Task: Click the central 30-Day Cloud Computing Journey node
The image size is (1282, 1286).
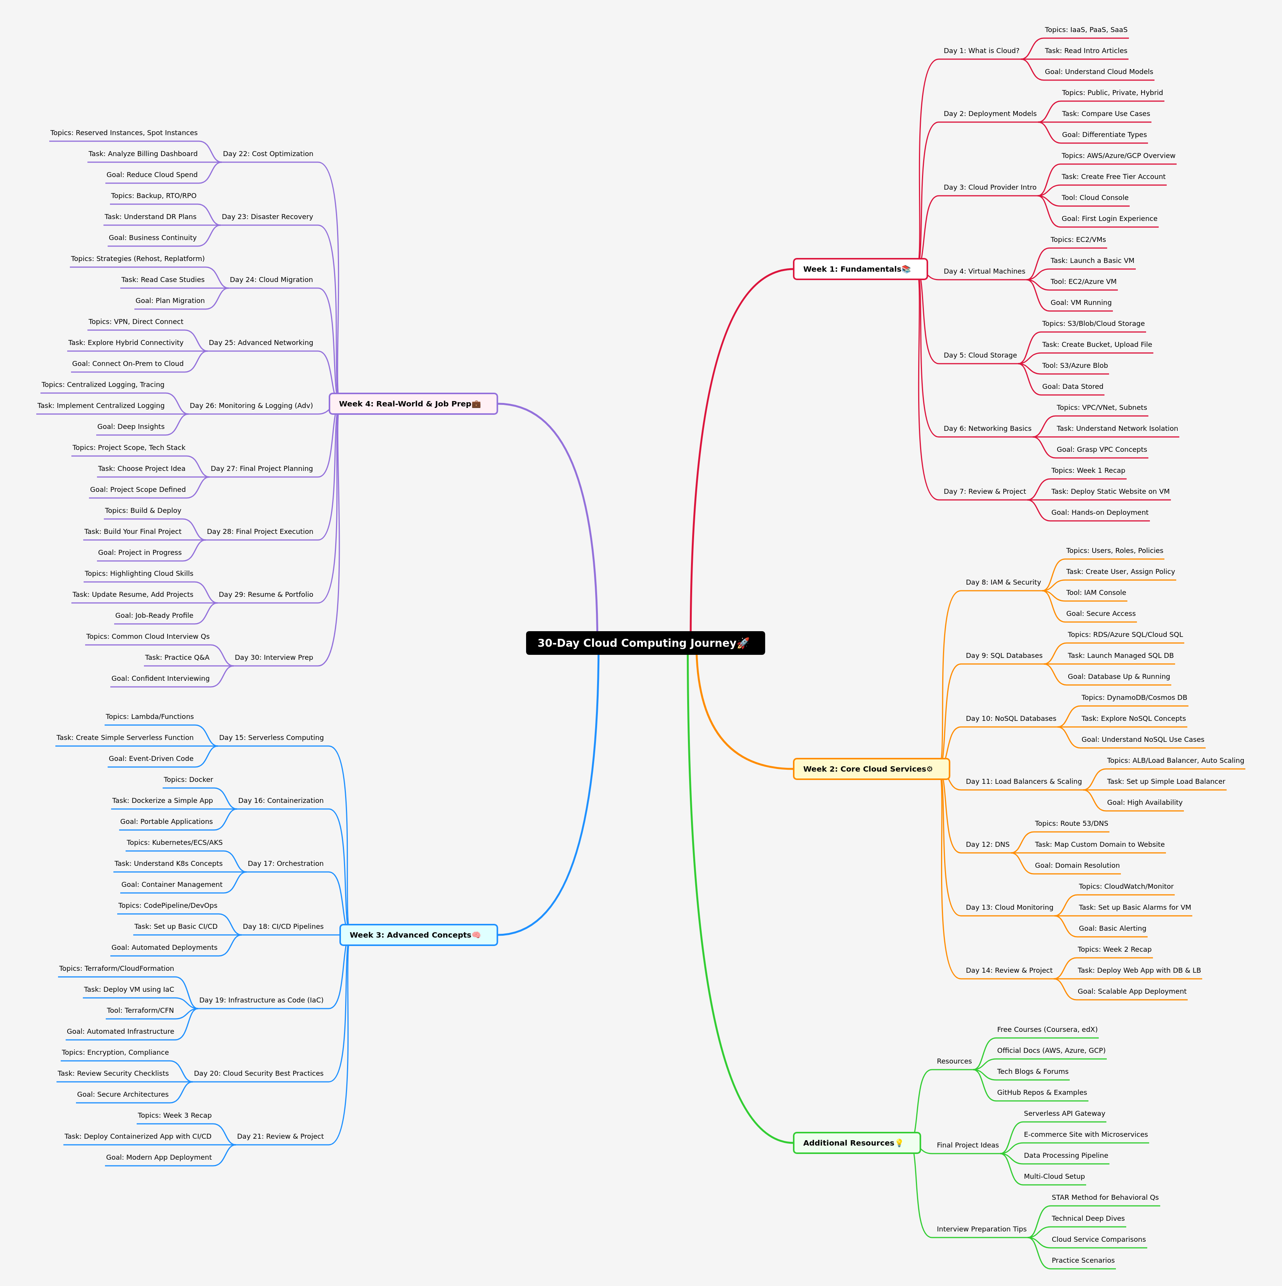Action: [645, 643]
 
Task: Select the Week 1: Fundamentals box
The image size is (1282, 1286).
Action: [860, 269]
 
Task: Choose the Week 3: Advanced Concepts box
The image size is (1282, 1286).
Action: [418, 935]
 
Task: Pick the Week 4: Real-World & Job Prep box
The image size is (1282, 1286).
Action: [413, 403]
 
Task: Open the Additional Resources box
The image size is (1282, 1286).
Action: [856, 1143]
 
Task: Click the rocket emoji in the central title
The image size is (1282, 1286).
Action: [743, 643]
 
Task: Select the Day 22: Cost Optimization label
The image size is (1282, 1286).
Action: [268, 154]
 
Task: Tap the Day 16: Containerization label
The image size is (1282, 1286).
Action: [280, 801]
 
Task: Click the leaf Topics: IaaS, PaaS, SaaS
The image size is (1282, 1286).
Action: [1085, 30]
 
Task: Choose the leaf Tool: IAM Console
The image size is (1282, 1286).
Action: [1096, 592]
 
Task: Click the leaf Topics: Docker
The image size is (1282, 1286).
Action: [189, 780]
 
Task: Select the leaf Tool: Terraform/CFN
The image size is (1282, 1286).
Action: [140, 1010]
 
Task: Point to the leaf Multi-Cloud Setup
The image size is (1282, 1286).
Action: [1054, 1176]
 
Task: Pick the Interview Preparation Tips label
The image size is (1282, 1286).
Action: [981, 1229]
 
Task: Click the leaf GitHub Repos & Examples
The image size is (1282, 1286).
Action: [1041, 1092]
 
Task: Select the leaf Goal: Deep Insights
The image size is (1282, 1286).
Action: [131, 427]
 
